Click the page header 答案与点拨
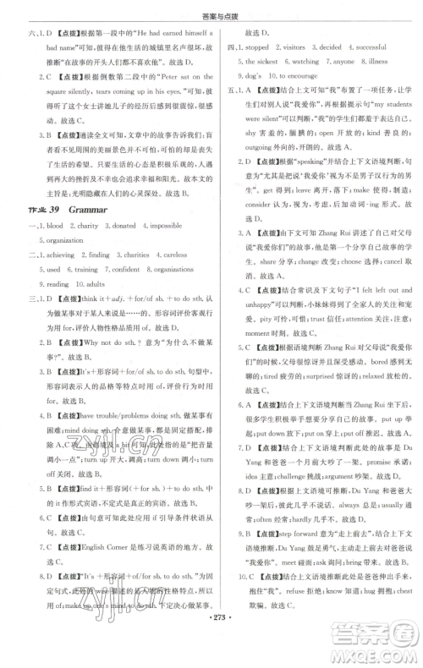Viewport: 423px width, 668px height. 211,9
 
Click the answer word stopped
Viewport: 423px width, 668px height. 256,47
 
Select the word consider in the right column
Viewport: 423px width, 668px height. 254,229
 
